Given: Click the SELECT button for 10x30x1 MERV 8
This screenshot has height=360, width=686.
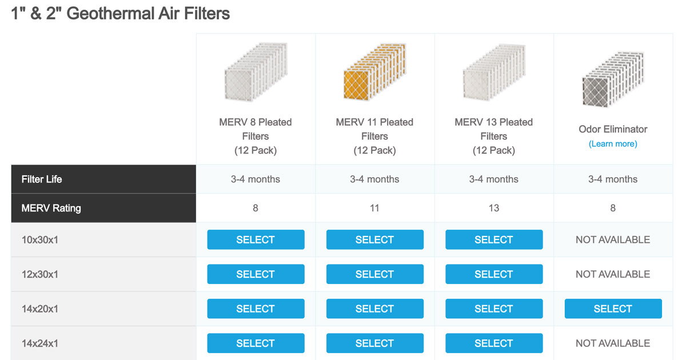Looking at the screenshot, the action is (x=256, y=239).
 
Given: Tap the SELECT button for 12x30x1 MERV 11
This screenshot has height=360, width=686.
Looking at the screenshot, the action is (x=375, y=274).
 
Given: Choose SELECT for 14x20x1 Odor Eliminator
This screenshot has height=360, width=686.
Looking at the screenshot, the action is (x=613, y=309).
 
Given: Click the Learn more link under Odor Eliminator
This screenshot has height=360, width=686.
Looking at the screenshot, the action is (x=613, y=143).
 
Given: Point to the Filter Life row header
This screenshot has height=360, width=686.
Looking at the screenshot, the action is (x=42, y=179).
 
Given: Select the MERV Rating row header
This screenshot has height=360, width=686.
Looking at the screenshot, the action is (x=51, y=208).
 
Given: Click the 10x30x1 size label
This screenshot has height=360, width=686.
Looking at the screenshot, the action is (x=40, y=239).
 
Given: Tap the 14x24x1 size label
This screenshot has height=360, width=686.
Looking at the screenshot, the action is (x=40, y=343).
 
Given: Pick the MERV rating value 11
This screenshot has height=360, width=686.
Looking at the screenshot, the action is (x=374, y=208).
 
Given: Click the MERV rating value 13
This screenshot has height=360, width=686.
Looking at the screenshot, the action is (x=494, y=208).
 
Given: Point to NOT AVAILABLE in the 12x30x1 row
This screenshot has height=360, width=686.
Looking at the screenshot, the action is (x=613, y=274).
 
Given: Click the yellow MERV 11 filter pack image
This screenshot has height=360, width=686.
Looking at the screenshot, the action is (x=374, y=72).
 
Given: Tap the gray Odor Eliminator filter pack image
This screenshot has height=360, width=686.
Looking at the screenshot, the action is (x=613, y=79).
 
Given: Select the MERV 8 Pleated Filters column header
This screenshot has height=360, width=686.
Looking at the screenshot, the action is (x=256, y=136).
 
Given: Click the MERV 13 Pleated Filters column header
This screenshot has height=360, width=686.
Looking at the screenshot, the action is (x=494, y=136).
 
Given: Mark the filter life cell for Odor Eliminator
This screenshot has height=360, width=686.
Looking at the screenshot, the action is (x=613, y=179).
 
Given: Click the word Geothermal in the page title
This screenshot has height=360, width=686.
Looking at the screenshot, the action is (x=110, y=14).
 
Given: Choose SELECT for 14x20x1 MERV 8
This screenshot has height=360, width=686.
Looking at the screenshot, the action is (x=256, y=309).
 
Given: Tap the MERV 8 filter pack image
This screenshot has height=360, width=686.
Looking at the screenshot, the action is (x=256, y=72).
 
